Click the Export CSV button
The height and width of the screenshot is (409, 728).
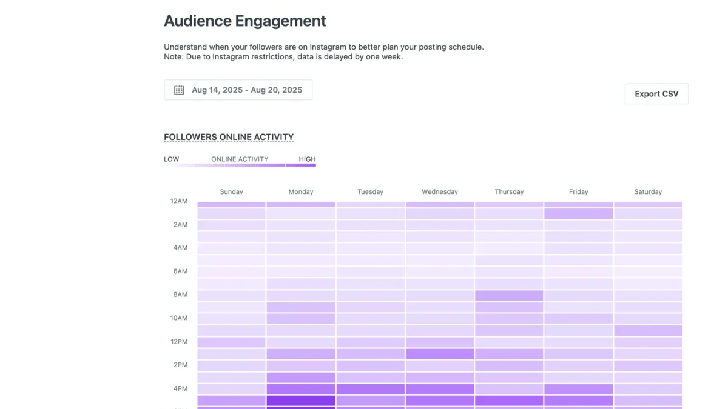(x=656, y=94)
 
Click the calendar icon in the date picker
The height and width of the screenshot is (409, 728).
(x=179, y=90)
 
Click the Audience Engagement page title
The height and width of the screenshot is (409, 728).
(x=244, y=21)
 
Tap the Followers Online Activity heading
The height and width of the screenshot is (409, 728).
(x=229, y=137)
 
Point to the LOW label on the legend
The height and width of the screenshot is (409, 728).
(x=171, y=159)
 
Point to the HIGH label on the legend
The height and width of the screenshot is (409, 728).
(x=307, y=159)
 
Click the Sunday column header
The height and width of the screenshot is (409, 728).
(x=231, y=192)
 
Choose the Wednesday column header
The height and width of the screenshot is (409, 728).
(x=440, y=192)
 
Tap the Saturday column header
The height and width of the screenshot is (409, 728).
(x=648, y=192)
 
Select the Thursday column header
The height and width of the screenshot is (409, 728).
(x=509, y=192)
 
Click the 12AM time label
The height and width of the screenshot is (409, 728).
(x=179, y=201)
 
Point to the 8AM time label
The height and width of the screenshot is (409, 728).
(x=180, y=294)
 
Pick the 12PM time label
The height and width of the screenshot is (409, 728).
(x=179, y=342)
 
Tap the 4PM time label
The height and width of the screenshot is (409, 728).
(x=180, y=388)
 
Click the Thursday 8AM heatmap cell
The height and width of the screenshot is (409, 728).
(x=509, y=296)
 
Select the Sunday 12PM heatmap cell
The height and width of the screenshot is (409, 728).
(x=231, y=342)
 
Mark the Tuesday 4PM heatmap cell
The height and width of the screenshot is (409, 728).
(x=371, y=389)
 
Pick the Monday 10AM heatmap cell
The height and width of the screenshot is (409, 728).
(x=301, y=319)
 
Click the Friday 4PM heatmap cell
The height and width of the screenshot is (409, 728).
(x=579, y=389)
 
